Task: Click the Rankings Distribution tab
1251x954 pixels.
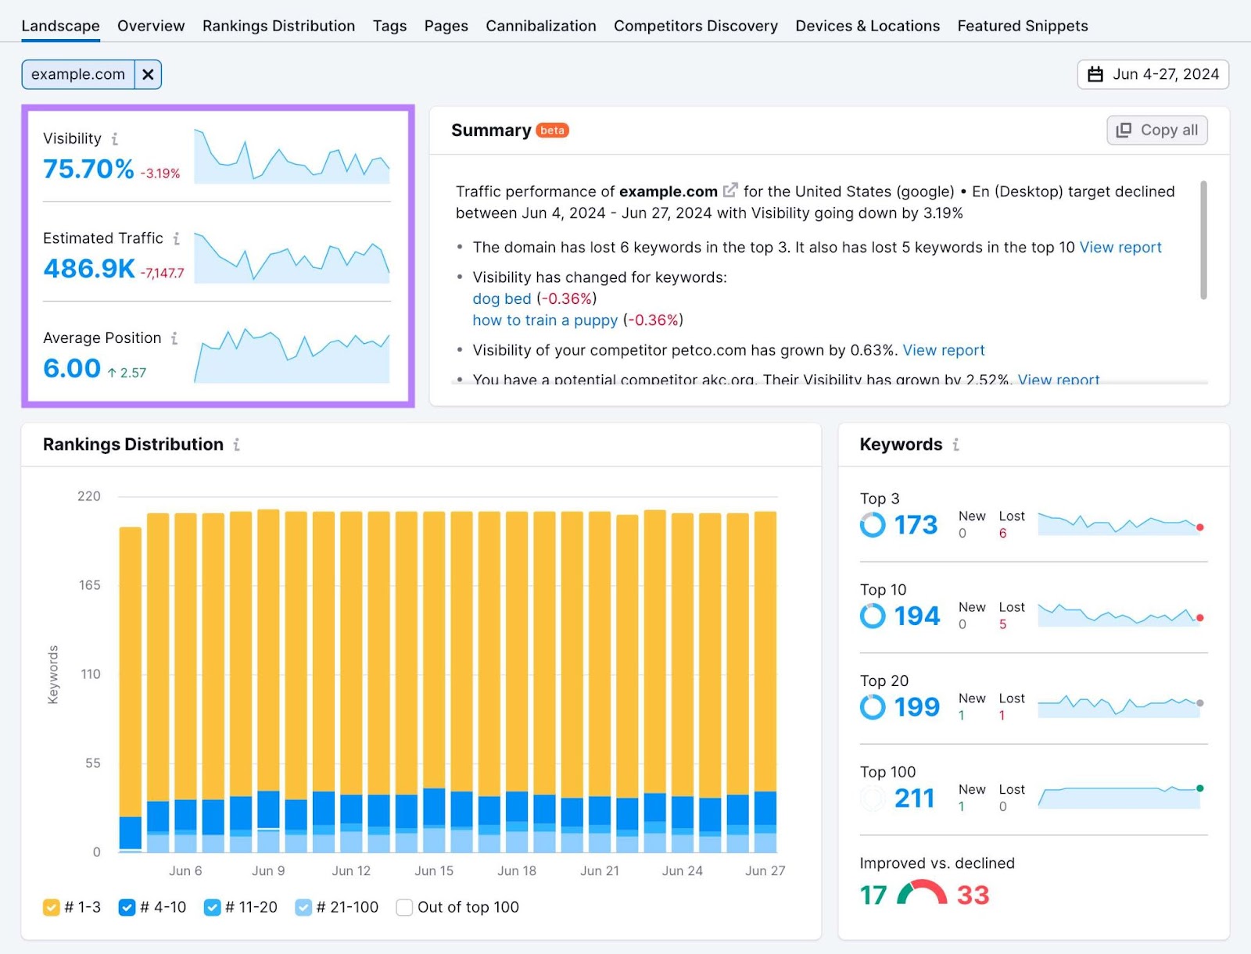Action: coord(278,26)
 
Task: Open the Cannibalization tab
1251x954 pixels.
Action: coord(540,26)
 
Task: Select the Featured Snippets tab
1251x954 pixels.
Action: coord(1022,26)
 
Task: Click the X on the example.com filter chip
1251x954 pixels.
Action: coord(148,74)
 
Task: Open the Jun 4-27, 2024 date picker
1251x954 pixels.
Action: coord(1152,74)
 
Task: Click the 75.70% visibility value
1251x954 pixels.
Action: coord(88,169)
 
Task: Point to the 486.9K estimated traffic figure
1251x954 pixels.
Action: coord(89,269)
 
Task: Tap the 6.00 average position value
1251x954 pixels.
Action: coord(72,368)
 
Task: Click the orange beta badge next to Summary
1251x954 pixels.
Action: coord(552,130)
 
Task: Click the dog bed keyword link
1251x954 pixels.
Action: coord(501,298)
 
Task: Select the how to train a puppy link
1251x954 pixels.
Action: coord(545,320)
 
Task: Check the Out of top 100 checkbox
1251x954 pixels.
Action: coord(404,907)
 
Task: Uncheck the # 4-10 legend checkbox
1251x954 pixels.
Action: coord(127,907)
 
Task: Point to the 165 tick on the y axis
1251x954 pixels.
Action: coord(89,585)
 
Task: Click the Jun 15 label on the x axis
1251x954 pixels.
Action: coord(434,870)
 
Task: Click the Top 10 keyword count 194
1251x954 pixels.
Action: coord(916,616)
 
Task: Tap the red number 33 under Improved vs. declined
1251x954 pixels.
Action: coord(973,895)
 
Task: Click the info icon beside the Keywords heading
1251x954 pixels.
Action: coord(955,445)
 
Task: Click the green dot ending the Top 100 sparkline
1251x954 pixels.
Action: coord(1199,788)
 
